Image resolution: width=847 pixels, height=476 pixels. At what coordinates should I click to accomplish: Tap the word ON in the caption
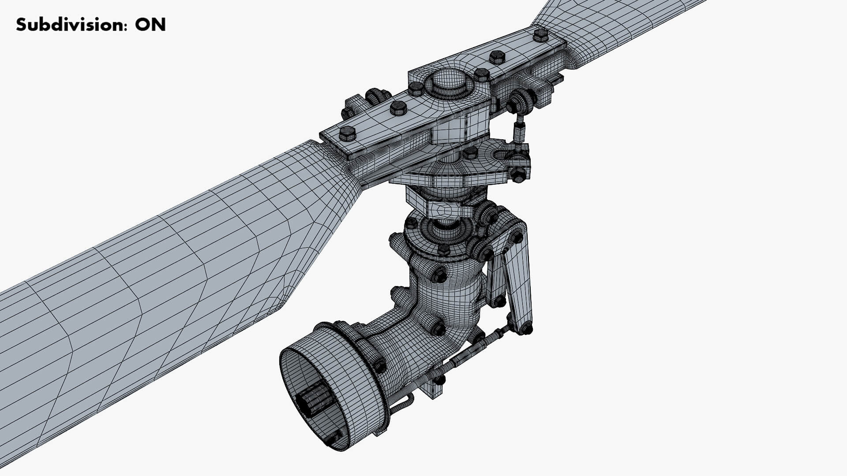(150, 25)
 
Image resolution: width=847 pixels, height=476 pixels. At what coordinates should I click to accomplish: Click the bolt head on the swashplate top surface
(470, 153)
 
